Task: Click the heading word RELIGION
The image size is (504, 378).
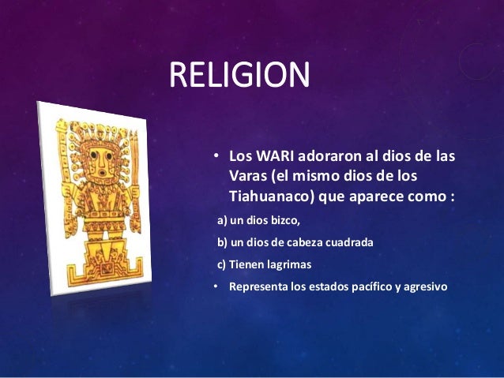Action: tap(239, 77)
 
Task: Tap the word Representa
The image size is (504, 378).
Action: tap(258, 286)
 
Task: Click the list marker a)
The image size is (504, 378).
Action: tap(222, 220)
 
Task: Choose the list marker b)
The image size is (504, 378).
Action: tap(222, 242)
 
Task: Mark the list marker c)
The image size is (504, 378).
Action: tap(222, 264)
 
